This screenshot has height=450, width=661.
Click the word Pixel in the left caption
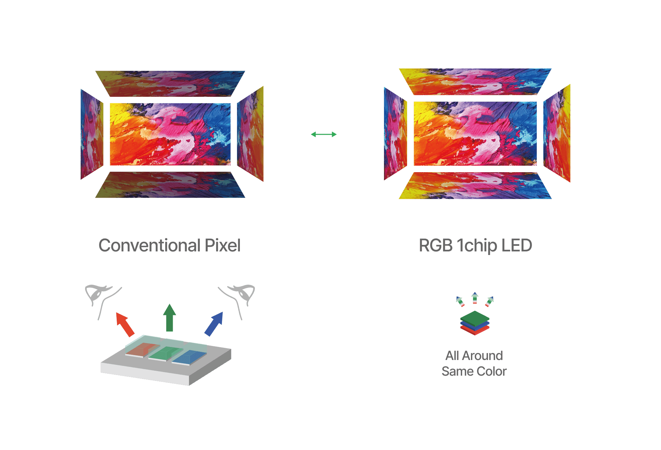pos(223,246)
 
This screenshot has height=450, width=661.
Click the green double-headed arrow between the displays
pos(324,134)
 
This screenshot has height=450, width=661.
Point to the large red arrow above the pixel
pos(125,324)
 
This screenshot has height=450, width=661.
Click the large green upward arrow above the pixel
pos(169,318)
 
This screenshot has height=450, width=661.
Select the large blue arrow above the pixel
pos(214,323)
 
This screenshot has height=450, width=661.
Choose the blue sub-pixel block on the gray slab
pos(189,357)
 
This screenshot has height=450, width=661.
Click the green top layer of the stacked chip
pos(475,317)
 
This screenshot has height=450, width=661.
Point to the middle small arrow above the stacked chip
pos(475,298)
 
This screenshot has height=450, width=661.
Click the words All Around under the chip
pos(474,355)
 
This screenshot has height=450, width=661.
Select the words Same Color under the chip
pos(474,371)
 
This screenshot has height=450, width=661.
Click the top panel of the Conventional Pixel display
pos(170,83)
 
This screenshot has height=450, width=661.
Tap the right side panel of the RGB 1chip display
pos(557,133)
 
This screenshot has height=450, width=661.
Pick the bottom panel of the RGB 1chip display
pos(475,186)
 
